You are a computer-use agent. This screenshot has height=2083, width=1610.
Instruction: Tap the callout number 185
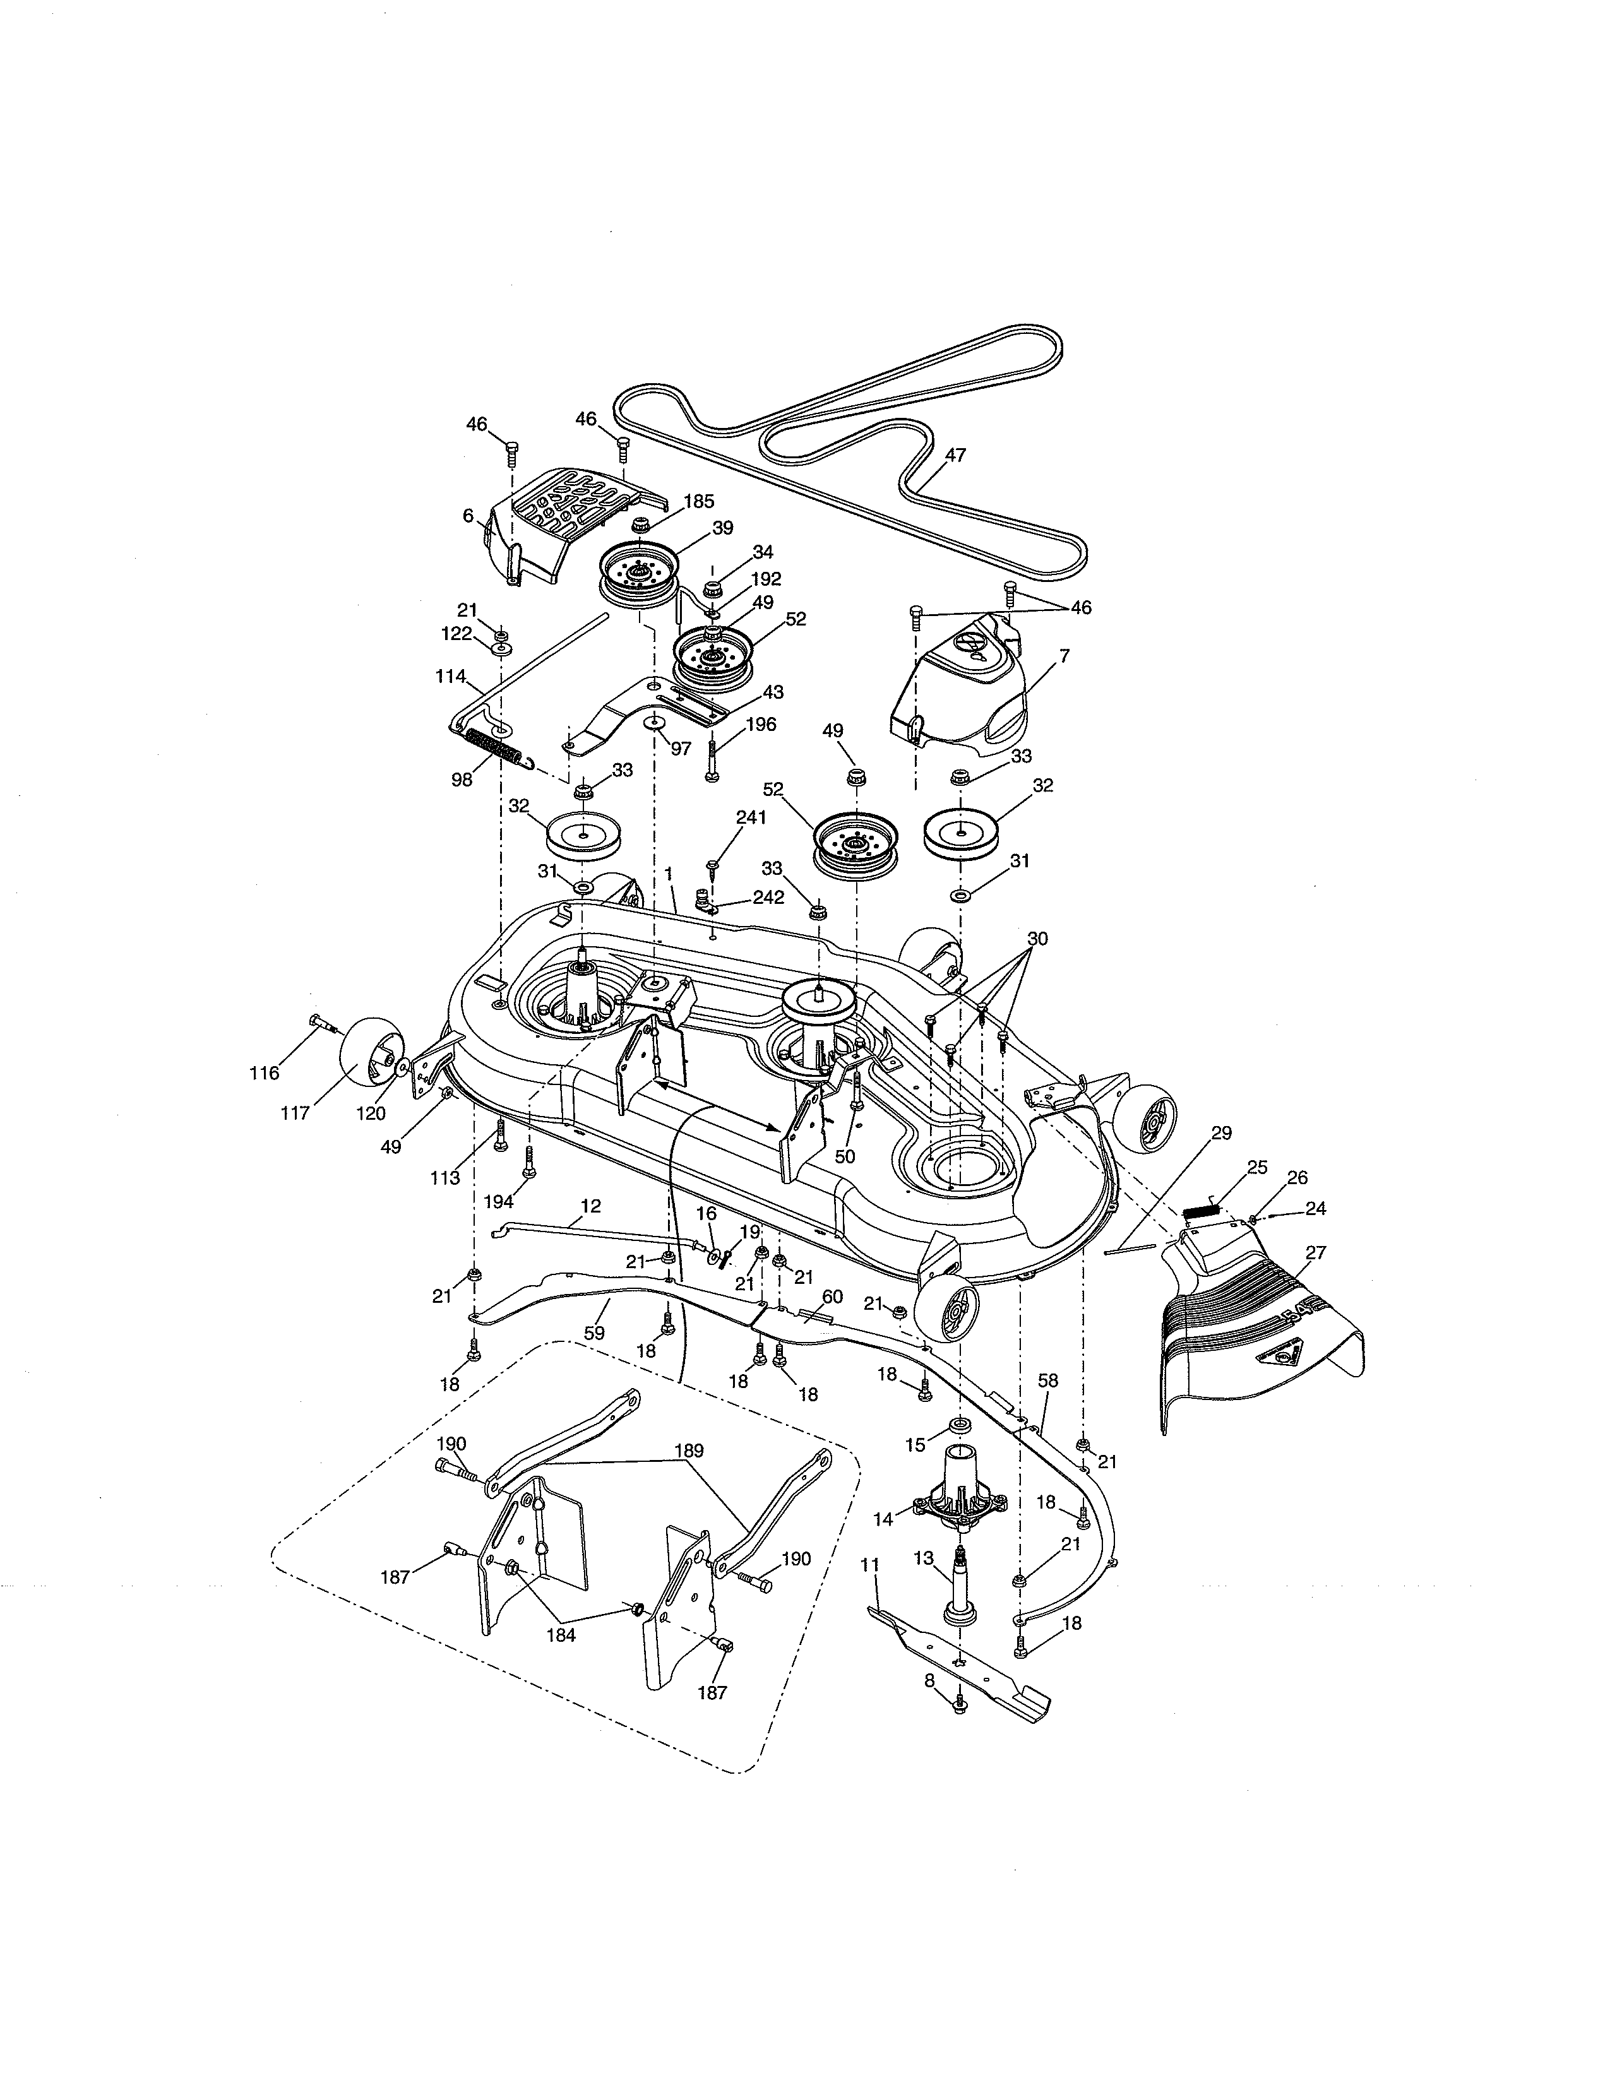pyautogui.click(x=698, y=501)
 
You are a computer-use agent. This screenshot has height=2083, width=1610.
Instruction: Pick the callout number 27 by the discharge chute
pyautogui.click(x=1315, y=1252)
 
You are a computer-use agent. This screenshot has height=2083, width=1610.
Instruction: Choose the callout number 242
pyautogui.click(x=768, y=898)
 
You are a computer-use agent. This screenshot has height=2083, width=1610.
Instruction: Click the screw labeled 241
pyautogui.click(x=712, y=866)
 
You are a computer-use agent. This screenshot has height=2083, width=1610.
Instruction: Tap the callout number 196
pyautogui.click(x=760, y=724)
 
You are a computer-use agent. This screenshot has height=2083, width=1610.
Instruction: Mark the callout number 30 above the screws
pyautogui.click(x=1037, y=939)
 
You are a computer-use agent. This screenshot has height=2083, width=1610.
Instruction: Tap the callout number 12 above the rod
pyautogui.click(x=590, y=1206)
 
